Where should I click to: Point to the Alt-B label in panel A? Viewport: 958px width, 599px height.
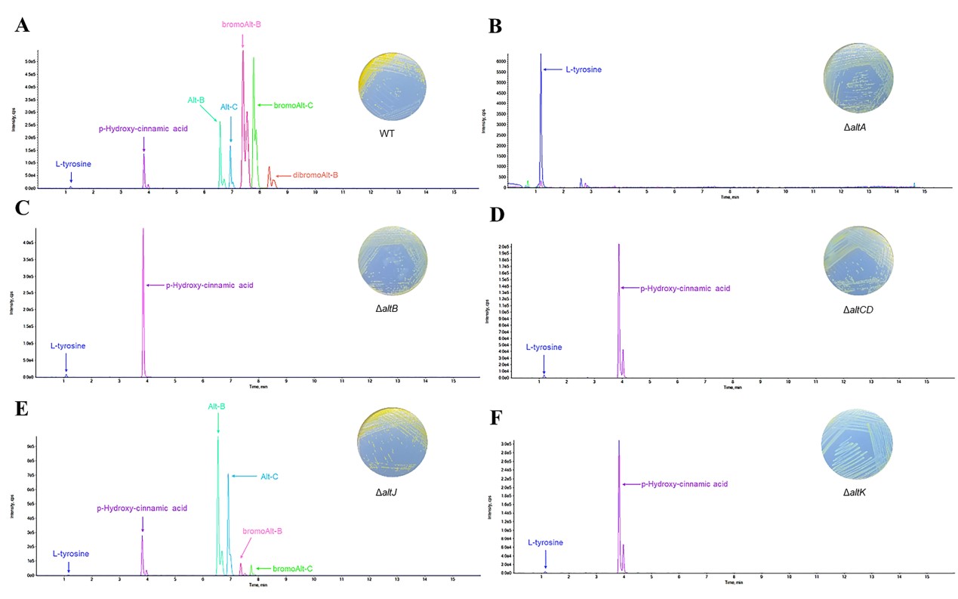(196, 100)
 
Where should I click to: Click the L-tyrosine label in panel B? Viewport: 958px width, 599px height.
(584, 69)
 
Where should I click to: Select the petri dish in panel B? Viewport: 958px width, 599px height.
(858, 78)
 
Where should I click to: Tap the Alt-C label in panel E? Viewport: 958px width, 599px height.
(270, 477)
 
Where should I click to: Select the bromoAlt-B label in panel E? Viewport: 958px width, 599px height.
(262, 532)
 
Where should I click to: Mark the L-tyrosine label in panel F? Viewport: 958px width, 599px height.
(545, 542)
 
